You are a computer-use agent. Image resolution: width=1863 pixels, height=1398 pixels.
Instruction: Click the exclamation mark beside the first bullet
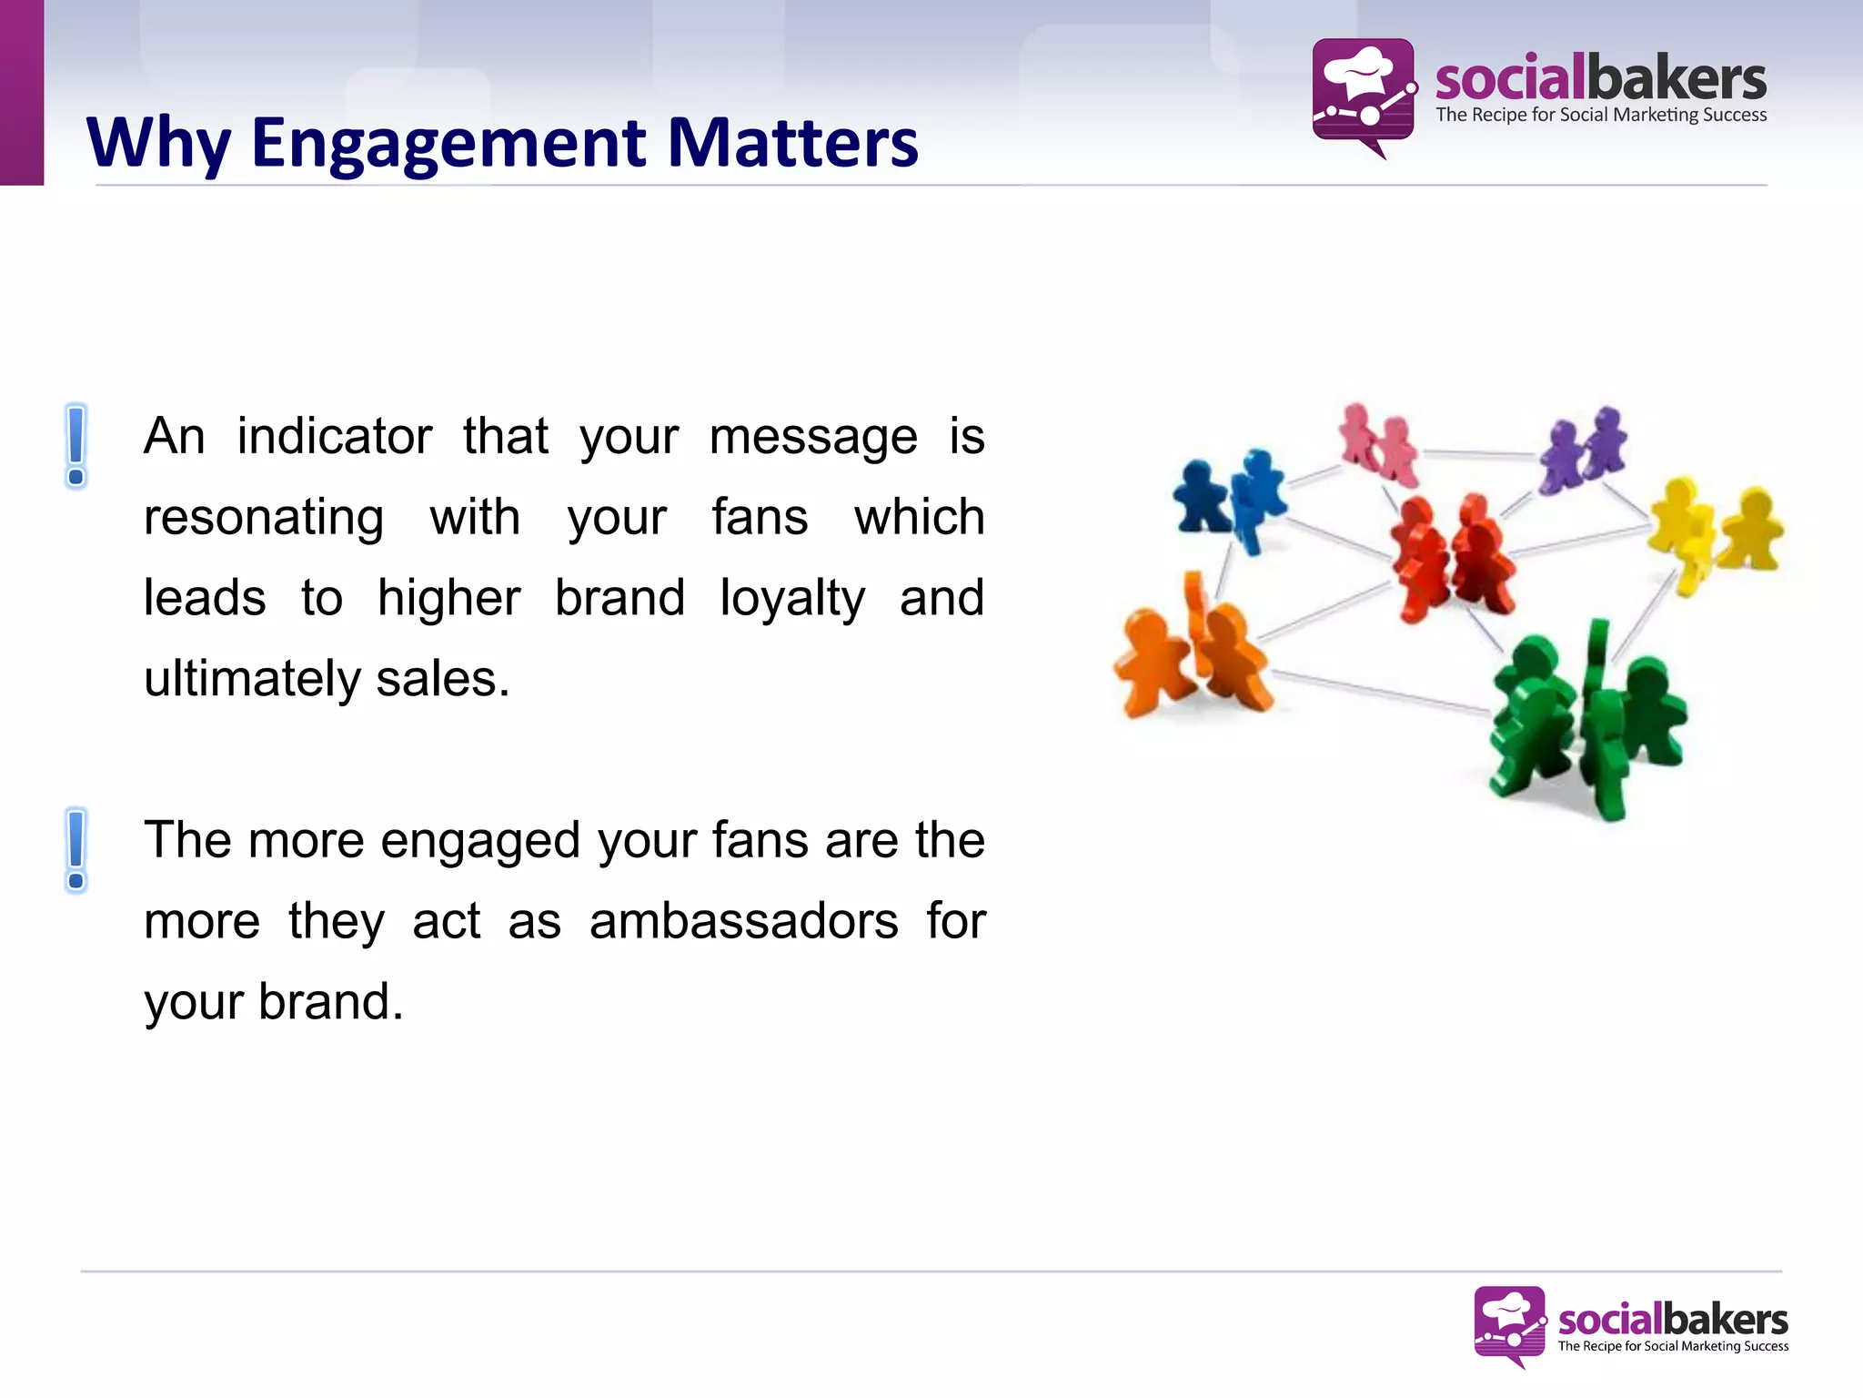[76, 446]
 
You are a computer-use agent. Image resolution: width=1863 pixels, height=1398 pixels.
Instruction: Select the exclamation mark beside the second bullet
[76, 850]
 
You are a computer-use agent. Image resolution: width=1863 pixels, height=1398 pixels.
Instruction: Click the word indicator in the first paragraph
[334, 436]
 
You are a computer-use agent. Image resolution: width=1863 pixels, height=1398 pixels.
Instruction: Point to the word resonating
[264, 517]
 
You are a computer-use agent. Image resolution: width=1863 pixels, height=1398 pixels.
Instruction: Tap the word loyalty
[791, 598]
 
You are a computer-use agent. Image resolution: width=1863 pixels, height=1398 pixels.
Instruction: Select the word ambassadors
[743, 921]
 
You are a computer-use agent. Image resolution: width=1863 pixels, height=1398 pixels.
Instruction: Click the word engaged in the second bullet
[479, 840]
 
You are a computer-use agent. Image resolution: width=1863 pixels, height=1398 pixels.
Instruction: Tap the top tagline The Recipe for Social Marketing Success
[1601, 116]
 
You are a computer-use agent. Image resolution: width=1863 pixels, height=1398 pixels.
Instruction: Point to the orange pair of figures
[1192, 655]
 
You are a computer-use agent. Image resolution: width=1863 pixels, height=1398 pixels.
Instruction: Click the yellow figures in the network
[1715, 532]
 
